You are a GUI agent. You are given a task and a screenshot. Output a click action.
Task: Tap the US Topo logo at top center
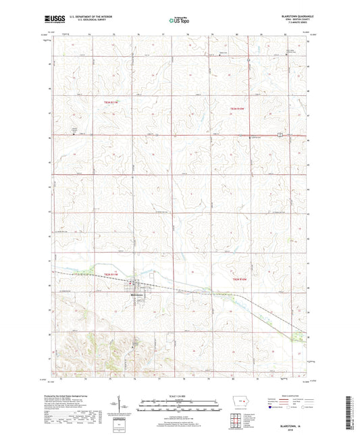[x=175, y=20]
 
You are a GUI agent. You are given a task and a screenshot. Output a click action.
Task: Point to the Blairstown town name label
[x=139, y=296]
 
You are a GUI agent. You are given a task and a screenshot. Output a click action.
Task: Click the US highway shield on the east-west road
[x=278, y=136]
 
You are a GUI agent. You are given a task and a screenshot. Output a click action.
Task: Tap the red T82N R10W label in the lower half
[x=241, y=278]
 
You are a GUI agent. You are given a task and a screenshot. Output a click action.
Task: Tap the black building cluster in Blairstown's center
[x=138, y=286]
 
